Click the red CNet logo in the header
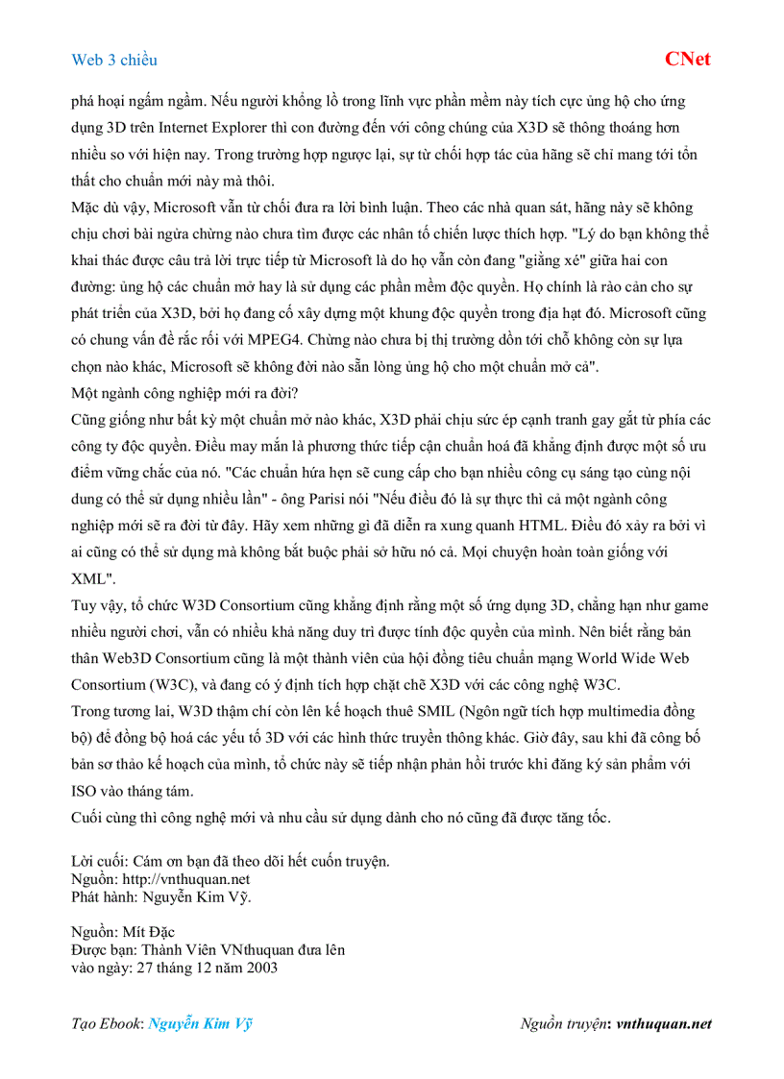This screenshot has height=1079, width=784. click(x=687, y=59)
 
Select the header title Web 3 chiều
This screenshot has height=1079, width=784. click(x=114, y=60)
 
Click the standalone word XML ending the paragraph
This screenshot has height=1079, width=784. click(x=92, y=579)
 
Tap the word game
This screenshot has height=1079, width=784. click(x=690, y=606)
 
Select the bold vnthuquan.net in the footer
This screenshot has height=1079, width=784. click(x=664, y=1024)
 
